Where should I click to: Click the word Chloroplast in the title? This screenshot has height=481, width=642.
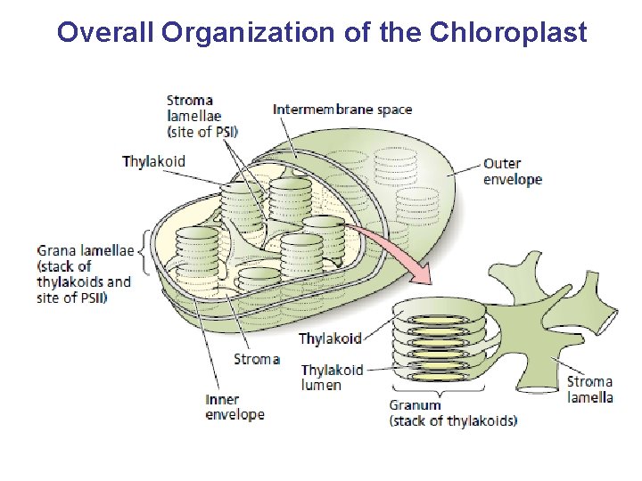tap(508, 32)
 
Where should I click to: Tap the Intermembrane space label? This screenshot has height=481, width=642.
tap(342, 110)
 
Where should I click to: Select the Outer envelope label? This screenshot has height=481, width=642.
tap(512, 171)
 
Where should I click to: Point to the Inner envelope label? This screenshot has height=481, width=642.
tap(235, 407)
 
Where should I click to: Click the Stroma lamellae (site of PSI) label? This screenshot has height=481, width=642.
tap(202, 116)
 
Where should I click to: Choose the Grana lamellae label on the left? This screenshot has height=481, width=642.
tap(86, 250)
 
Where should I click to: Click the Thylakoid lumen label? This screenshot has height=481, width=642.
tap(332, 377)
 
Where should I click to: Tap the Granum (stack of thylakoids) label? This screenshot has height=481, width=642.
tap(452, 412)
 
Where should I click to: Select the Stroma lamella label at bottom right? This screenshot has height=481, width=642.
tap(589, 389)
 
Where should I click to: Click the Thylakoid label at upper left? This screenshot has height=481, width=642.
tap(154, 161)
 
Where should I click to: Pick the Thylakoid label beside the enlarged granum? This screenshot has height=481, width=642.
tap(330, 338)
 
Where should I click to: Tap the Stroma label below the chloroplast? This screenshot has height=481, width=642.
tap(256, 359)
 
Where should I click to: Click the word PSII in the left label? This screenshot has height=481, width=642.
tap(90, 298)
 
